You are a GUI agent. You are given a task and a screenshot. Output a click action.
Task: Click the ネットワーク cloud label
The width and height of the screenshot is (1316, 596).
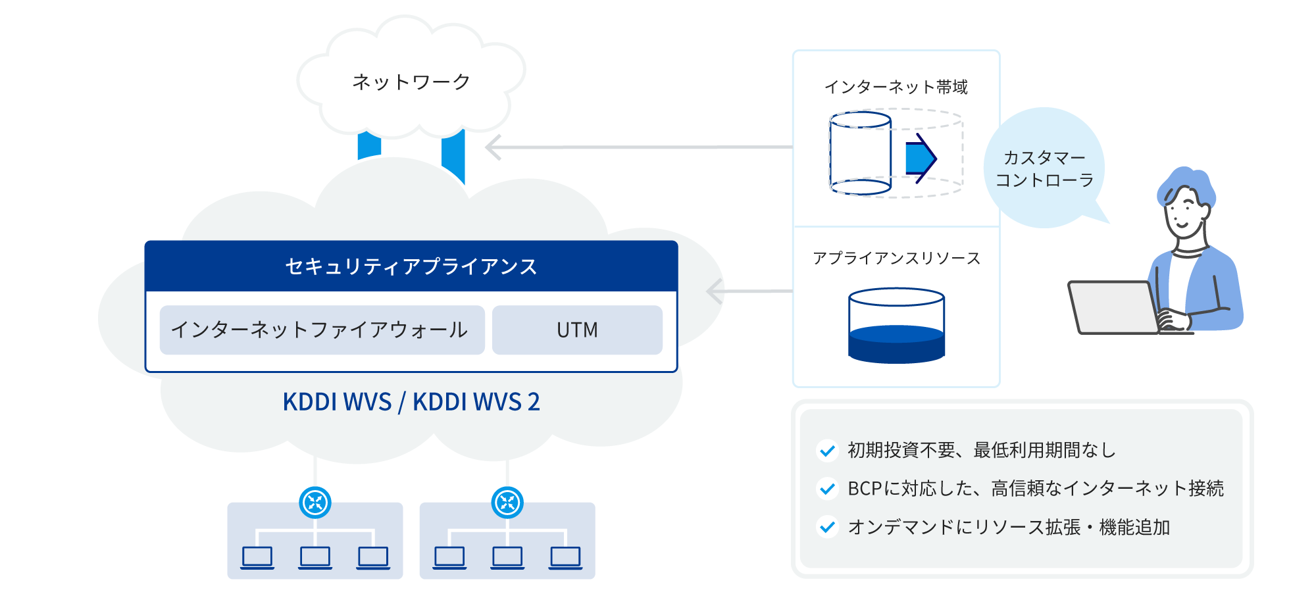(x=411, y=82)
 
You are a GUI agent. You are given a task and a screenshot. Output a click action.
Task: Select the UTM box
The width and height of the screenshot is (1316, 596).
(x=577, y=330)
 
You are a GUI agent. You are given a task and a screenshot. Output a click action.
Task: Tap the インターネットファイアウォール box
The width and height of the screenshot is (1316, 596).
(x=322, y=330)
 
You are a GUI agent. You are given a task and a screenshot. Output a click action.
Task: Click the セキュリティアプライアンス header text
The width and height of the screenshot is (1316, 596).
(x=411, y=266)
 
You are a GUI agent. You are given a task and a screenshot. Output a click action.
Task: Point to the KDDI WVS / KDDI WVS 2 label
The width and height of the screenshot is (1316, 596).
(x=411, y=402)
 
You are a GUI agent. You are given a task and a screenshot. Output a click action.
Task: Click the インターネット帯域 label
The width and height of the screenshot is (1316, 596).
(x=896, y=87)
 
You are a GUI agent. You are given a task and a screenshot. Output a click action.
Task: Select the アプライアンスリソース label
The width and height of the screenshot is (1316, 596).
(x=896, y=258)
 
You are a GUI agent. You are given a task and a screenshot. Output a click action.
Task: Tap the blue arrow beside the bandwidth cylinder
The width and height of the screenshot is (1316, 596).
(x=921, y=159)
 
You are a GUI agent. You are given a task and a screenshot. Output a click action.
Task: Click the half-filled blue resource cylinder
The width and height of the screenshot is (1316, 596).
(x=896, y=326)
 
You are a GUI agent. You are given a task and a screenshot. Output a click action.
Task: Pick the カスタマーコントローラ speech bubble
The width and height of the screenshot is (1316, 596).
(x=1044, y=168)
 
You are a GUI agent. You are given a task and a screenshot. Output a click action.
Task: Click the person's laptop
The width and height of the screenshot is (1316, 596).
(x=1112, y=307)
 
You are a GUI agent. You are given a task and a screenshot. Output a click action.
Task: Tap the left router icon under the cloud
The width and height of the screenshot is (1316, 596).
(x=315, y=503)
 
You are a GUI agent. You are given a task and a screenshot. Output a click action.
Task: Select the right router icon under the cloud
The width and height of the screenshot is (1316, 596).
(x=507, y=503)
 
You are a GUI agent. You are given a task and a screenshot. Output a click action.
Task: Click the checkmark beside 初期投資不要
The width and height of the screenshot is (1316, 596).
(x=828, y=451)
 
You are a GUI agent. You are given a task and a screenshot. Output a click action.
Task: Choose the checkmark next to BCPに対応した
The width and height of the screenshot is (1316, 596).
(x=828, y=489)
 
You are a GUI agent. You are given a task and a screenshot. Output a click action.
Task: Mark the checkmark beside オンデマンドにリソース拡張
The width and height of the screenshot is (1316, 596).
(x=828, y=527)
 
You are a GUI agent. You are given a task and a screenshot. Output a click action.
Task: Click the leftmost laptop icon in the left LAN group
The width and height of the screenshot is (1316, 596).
(x=257, y=557)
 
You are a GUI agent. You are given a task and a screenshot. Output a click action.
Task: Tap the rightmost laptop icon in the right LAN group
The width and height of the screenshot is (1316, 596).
(x=565, y=557)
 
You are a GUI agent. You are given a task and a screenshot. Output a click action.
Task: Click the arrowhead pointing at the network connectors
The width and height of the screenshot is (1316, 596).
(x=493, y=147)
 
